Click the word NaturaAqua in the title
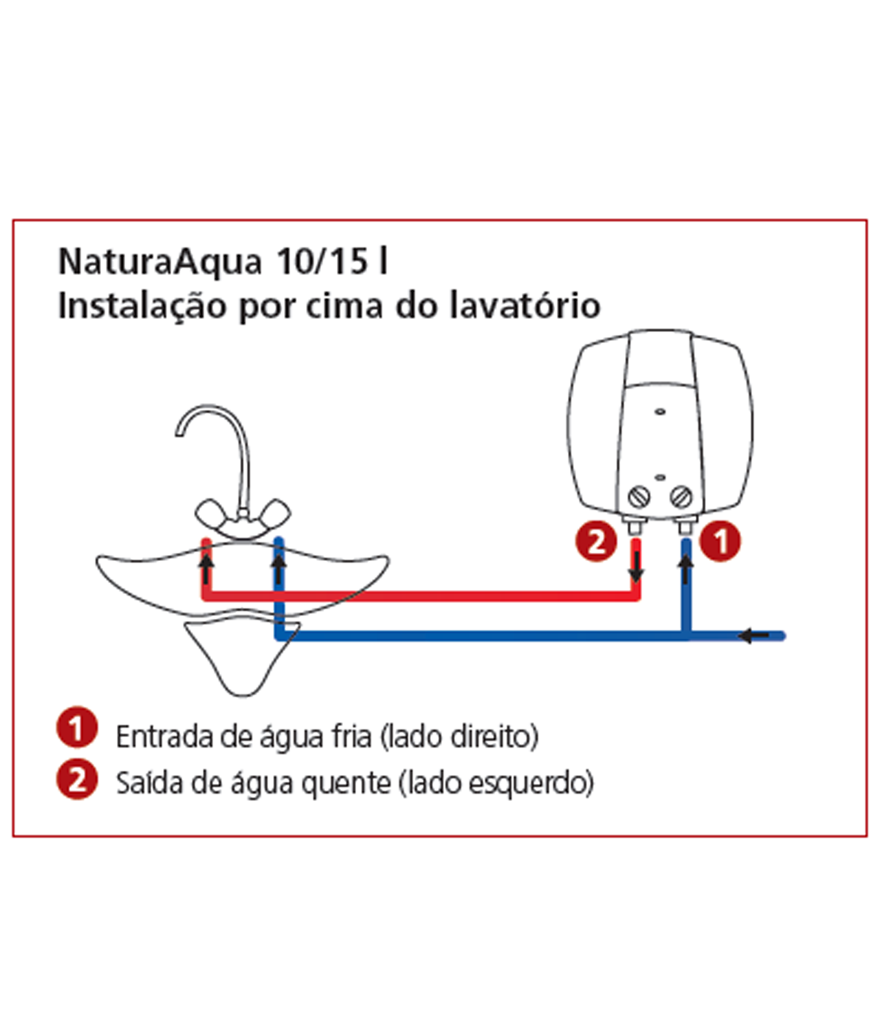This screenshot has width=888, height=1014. tap(160, 262)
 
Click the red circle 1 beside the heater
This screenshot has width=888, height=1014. tap(720, 541)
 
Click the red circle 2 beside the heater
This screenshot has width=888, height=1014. tap(596, 541)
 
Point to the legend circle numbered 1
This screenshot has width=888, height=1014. tap(77, 727)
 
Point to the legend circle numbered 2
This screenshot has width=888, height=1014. tap(77, 779)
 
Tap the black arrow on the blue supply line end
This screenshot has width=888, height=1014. tap(754, 635)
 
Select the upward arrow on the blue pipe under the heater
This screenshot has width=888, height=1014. tap(686, 569)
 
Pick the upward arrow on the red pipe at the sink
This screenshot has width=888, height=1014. tap(206, 569)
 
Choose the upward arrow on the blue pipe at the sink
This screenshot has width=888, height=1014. tap(279, 569)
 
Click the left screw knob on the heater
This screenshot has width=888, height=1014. tap(639, 496)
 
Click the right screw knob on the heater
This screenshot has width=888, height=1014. tap(681, 496)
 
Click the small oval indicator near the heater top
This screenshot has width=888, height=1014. tap(660, 411)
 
